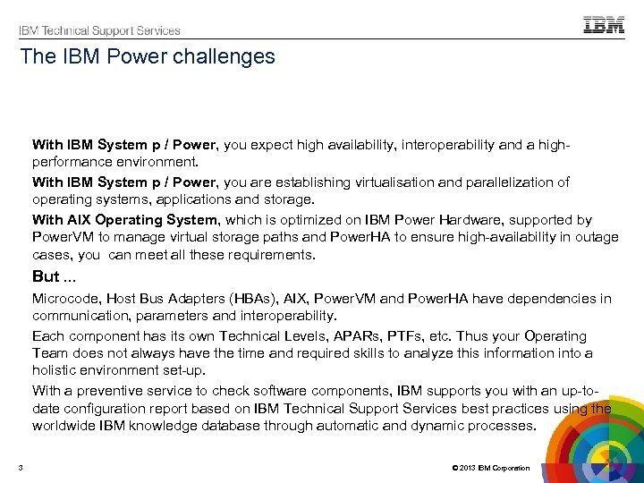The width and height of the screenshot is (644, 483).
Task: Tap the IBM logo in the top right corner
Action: [x=604, y=26]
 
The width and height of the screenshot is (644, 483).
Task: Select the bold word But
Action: [x=45, y=276]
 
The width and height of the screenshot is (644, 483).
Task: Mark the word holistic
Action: [x=54, y=369]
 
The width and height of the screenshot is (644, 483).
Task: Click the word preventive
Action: [x=110, y=390]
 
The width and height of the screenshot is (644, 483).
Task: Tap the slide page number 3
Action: [x=21, y=468]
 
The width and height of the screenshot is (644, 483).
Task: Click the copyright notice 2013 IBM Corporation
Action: [x=491, y=468]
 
